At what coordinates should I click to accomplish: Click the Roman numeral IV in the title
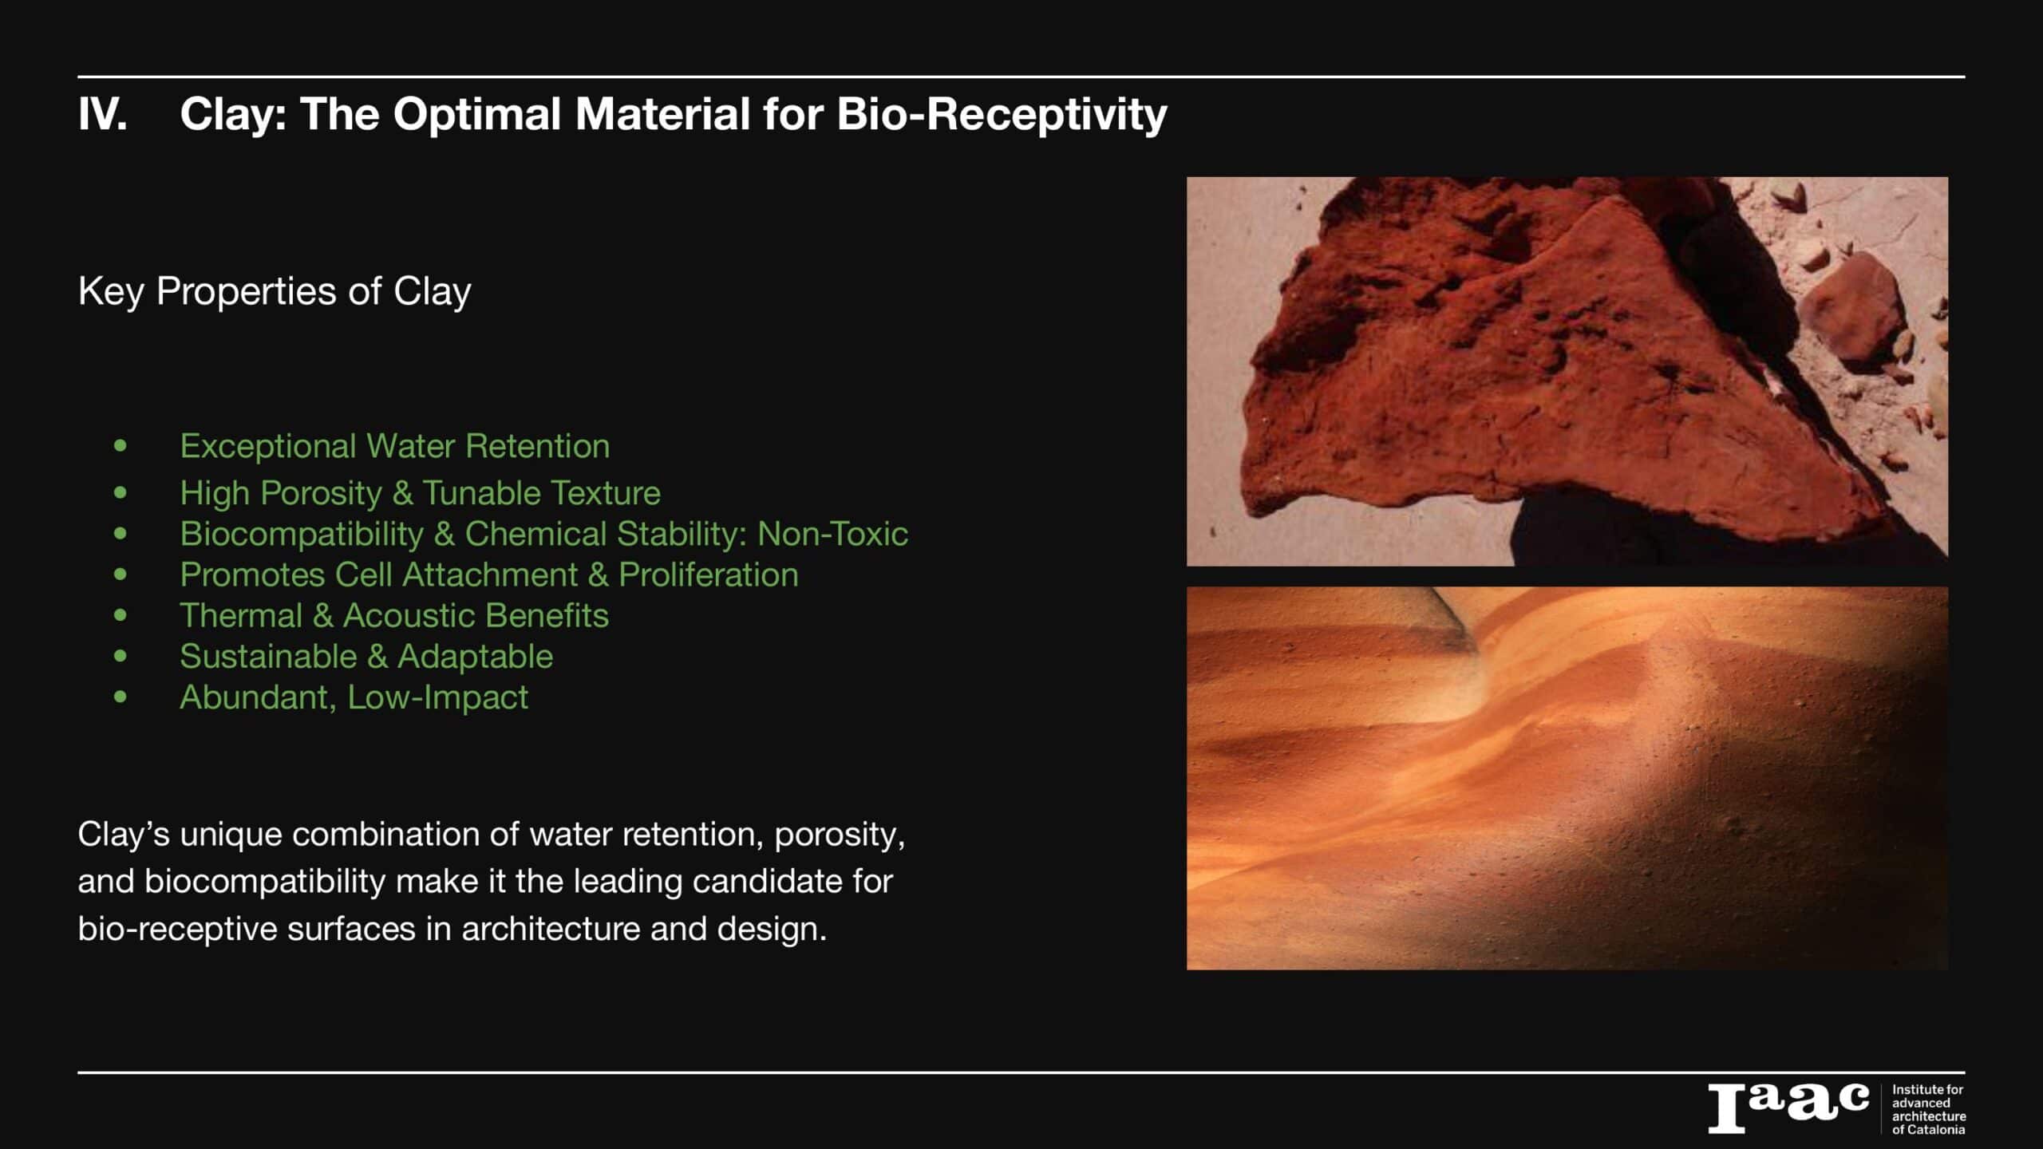point(102,114)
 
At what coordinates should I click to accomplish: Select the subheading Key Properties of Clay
point(275,292)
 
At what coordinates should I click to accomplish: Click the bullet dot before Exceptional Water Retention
point(121,445)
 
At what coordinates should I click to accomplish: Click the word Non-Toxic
point(832,534)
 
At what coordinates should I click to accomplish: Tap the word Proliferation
point(709,574)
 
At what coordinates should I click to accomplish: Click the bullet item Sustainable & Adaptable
point(366,657)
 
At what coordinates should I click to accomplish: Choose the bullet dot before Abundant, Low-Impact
point(121,697)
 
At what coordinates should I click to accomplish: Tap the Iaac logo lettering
point(1788,1108)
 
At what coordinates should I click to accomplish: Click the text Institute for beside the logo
point(1927,1089)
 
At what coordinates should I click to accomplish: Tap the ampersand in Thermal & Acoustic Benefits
point(322,616)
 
